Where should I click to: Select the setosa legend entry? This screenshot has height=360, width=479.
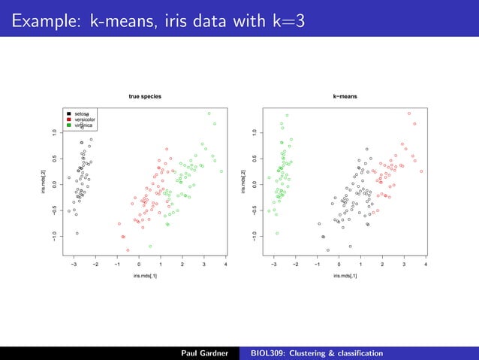[82, 113]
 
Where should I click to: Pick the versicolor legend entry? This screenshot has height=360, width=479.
[84, 119]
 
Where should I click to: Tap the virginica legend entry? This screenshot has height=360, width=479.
[83, 125]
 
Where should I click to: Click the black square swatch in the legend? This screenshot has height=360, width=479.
[69, 113]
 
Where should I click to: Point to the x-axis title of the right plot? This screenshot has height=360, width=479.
[346, 277]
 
